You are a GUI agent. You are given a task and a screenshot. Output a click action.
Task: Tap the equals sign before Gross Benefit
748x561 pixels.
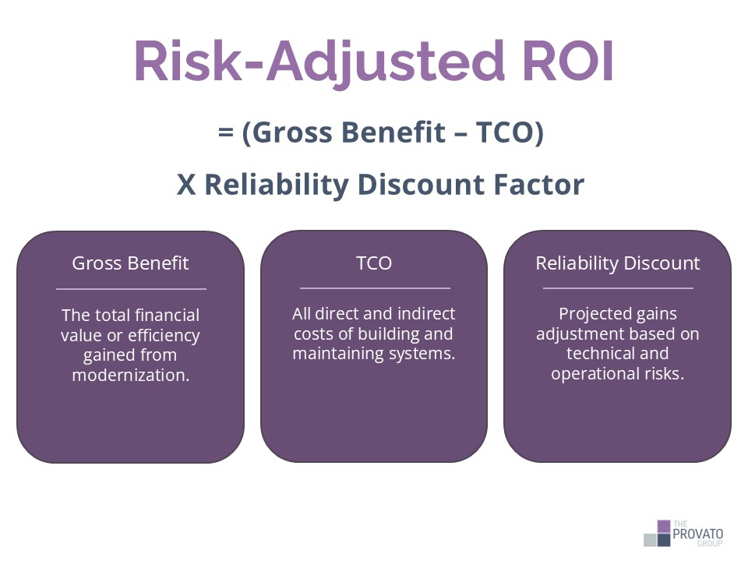(227, 133)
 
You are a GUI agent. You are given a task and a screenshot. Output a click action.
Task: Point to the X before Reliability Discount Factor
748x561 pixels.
(185, 185)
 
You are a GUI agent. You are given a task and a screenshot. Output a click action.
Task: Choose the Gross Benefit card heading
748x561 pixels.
(130, 263)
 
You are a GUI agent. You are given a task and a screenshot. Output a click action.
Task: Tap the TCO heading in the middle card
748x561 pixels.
(374, 263)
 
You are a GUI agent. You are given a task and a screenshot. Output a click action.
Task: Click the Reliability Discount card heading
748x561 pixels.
(617, 263)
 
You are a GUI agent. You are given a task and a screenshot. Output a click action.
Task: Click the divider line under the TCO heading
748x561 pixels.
(374, 288)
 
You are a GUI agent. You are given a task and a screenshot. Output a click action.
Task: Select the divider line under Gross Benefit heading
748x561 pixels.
(130, 288)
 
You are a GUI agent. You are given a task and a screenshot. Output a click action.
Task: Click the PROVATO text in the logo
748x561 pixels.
(699, 534)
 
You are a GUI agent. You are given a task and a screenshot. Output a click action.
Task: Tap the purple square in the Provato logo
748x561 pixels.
(663, 527)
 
